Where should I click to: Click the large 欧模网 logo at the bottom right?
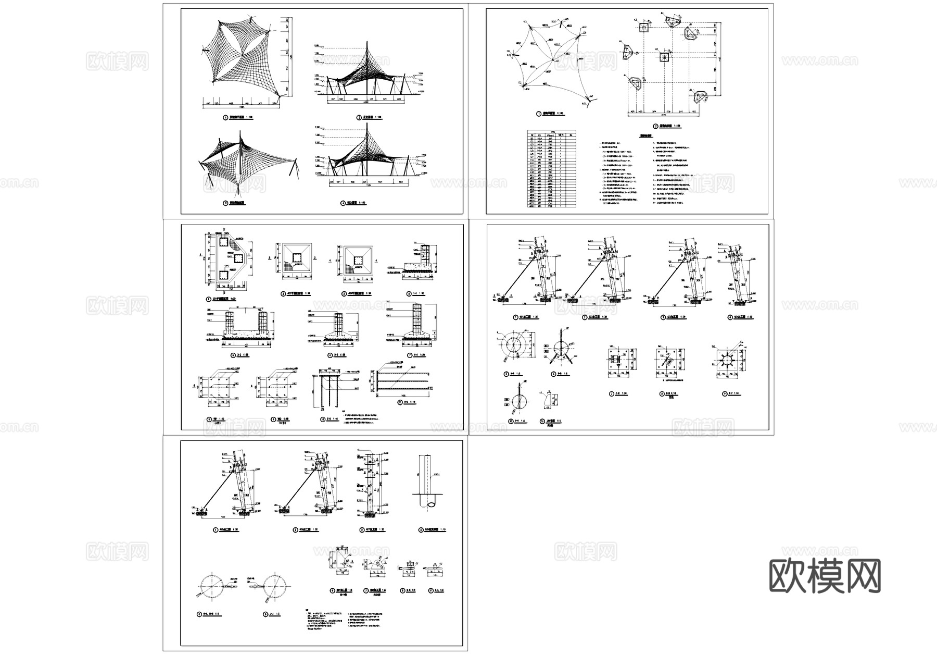coord(825,576)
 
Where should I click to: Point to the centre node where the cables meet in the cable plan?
coord(555,60)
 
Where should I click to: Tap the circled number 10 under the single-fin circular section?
coord(511,421)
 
